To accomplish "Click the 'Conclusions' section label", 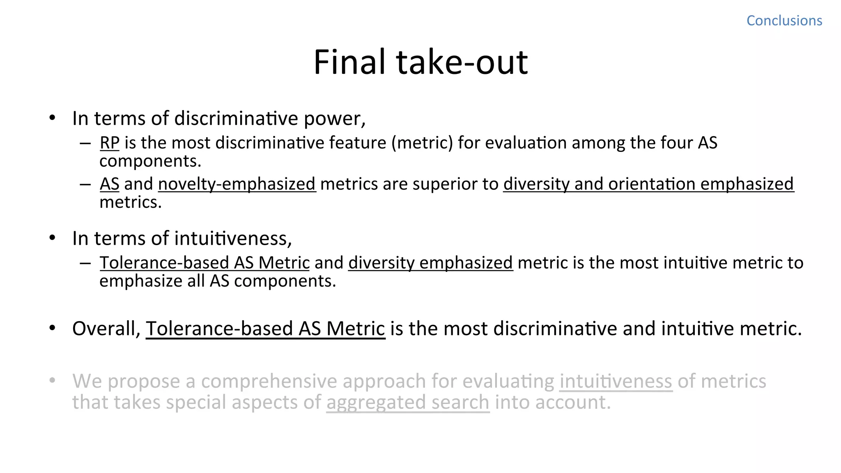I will click(x=784, y=21).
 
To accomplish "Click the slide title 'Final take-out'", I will click(x=420, y=62).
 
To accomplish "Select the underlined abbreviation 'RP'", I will click(x=110, y=143).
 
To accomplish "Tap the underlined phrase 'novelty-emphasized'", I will click(x=237, y=184).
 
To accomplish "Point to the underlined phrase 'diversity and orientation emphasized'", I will click(x=648, y=184).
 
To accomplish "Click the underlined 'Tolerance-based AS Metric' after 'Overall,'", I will click(x=265, y=328).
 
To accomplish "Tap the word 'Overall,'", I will click(x=107, y=328).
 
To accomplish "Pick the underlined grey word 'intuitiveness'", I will click(x=616, y=381).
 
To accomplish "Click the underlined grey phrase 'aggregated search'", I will click(x=408, y=402).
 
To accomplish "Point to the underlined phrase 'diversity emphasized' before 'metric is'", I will click(x=430, y=263).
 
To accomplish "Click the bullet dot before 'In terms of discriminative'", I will click(x=52, y=118).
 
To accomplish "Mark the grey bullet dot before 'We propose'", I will click(x=52, y=381).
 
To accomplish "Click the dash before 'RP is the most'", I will click(x=85, y=143).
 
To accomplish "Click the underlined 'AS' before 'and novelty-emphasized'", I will click(x=110, y=184).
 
